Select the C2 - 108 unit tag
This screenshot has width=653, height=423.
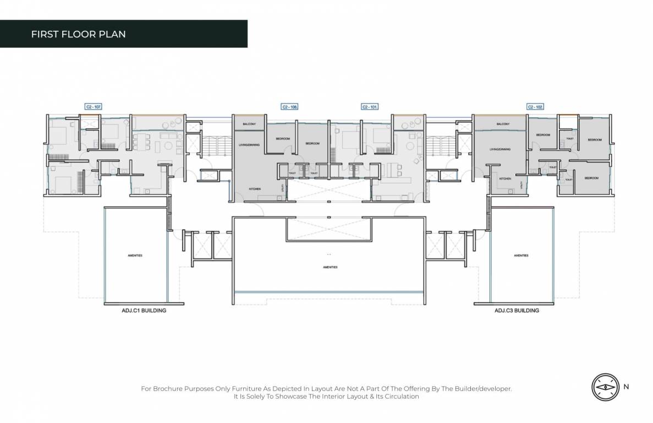point(289,106)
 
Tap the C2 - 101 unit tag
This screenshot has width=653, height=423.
point(370,106)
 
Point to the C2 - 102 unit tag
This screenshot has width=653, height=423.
point(535,106)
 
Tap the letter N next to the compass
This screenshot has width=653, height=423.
point(627,387)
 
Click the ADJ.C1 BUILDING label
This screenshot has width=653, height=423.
point(144,311)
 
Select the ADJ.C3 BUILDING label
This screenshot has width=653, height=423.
point(516,311)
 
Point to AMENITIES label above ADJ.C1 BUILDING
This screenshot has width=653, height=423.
point(135,256)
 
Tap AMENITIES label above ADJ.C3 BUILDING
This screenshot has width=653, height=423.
point(520,256)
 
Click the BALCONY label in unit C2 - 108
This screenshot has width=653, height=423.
point(249,124)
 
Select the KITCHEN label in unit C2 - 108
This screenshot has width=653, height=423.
point(254,189)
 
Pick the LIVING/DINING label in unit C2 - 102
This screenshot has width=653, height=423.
point(500,149)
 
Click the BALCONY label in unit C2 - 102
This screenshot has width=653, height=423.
point(502,124)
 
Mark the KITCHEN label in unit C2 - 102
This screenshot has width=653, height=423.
point(505,179)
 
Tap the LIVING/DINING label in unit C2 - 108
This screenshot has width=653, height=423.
point(249,145)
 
